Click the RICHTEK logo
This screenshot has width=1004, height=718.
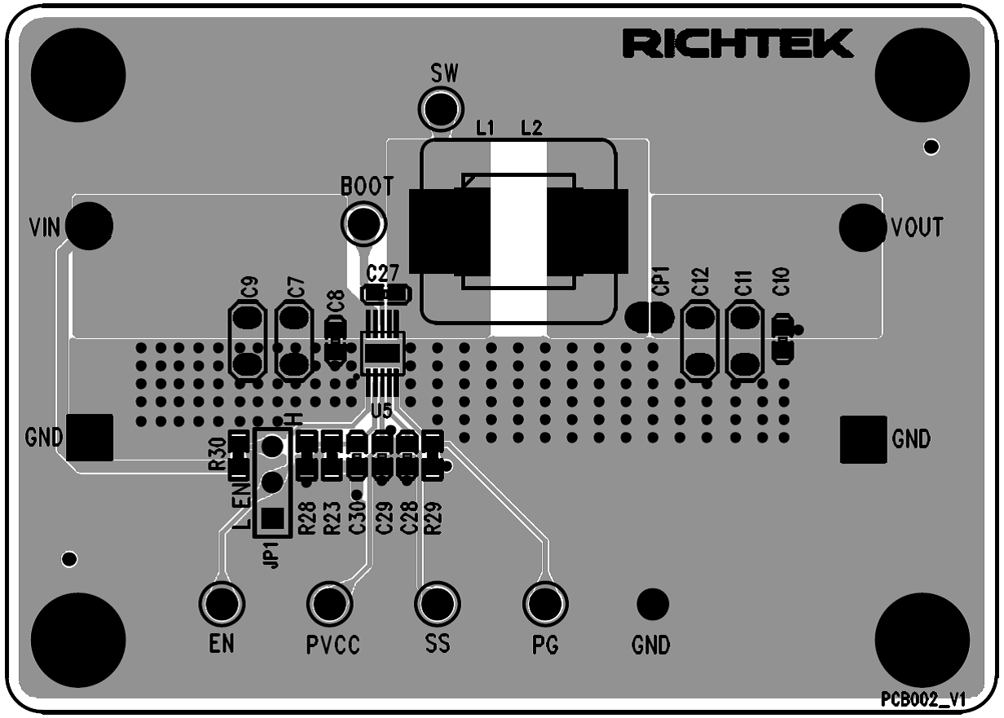[x=738, y=44]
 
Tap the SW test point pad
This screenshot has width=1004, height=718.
[x=440, y=107]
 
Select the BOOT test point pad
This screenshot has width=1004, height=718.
[x=363, y=222]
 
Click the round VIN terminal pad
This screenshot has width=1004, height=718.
[x=89, y=226]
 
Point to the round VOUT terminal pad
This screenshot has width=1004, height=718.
[x=862, y=227]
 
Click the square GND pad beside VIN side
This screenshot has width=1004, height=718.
[x=89, y=438]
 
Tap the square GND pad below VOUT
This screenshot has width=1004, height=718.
[x=863, y=439]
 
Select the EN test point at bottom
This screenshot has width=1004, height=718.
[x=222, y=603]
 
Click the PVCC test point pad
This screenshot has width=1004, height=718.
[x=330, y=603]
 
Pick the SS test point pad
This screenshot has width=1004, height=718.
[x=438, y=603]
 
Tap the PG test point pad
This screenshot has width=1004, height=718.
[x=545, y=603]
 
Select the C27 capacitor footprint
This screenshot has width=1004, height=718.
[x=385, y=293]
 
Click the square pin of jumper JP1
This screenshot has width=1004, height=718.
[x=273, y=518]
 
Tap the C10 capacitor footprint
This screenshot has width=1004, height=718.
[x=782, y=338]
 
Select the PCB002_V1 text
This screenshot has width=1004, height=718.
[x=923, y=699]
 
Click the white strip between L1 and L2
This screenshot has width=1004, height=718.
[x=518, y=236]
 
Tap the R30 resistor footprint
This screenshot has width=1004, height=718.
[x=238, y=456]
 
